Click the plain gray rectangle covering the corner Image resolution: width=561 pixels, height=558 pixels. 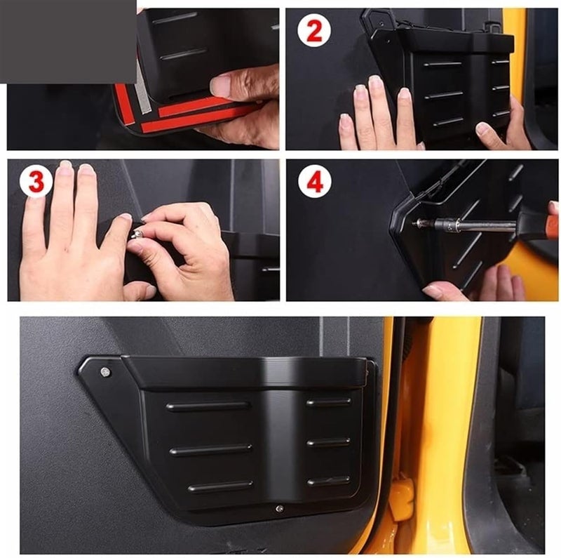point(68,41)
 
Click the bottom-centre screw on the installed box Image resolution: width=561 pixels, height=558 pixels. point(279,507)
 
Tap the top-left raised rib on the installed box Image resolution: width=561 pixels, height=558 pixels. point(208,406)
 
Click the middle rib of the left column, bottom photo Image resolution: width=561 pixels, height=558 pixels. point(210,449)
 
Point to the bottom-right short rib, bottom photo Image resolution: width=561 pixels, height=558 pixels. point(328,481)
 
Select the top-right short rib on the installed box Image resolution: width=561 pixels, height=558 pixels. point(328,402)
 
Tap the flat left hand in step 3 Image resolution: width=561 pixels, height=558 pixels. point(63,239)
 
